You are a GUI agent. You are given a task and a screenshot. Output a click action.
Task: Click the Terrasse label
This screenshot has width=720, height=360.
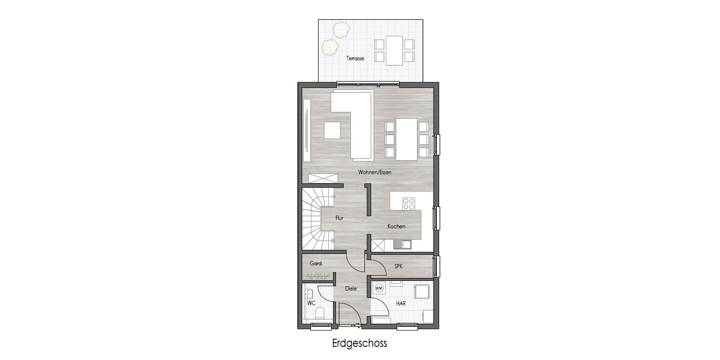click(355, 59)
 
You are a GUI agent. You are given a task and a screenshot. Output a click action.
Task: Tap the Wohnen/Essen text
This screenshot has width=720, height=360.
click(375, 172)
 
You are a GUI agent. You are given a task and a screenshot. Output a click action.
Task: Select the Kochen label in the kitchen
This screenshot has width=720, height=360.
click(396, 226)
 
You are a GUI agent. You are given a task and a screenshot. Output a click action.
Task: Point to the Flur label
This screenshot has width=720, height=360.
click(339, 218)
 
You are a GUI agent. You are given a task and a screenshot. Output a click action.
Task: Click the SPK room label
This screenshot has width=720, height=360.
click(398, 266)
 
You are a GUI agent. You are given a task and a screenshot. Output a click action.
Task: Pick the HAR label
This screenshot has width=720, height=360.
click(400, 304)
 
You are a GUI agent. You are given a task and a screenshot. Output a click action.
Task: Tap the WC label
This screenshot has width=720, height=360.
click(311, 303)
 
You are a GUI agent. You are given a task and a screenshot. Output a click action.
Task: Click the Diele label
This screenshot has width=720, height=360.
click(351, 289)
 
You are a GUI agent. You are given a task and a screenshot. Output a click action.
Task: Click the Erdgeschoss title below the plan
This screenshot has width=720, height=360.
click(359, 344)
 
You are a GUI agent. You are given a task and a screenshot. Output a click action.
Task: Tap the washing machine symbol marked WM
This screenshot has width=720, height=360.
click(379, 288)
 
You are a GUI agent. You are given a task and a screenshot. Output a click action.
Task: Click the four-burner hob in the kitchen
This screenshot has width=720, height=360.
click(409, 203)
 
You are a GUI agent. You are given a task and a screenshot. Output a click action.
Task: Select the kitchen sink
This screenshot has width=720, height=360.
click(400, 244)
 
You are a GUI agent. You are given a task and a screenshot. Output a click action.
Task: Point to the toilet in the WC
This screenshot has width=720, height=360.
click(320, 313)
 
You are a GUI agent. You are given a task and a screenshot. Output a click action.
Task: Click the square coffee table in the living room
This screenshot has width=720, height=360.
click(332, 130)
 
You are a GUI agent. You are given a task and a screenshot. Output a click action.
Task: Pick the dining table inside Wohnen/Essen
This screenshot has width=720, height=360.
click(406, 139)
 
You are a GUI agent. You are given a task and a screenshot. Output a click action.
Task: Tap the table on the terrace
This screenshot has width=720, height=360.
click(394, 50)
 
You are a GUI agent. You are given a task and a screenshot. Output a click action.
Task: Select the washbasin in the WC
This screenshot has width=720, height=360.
click(308, 293)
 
